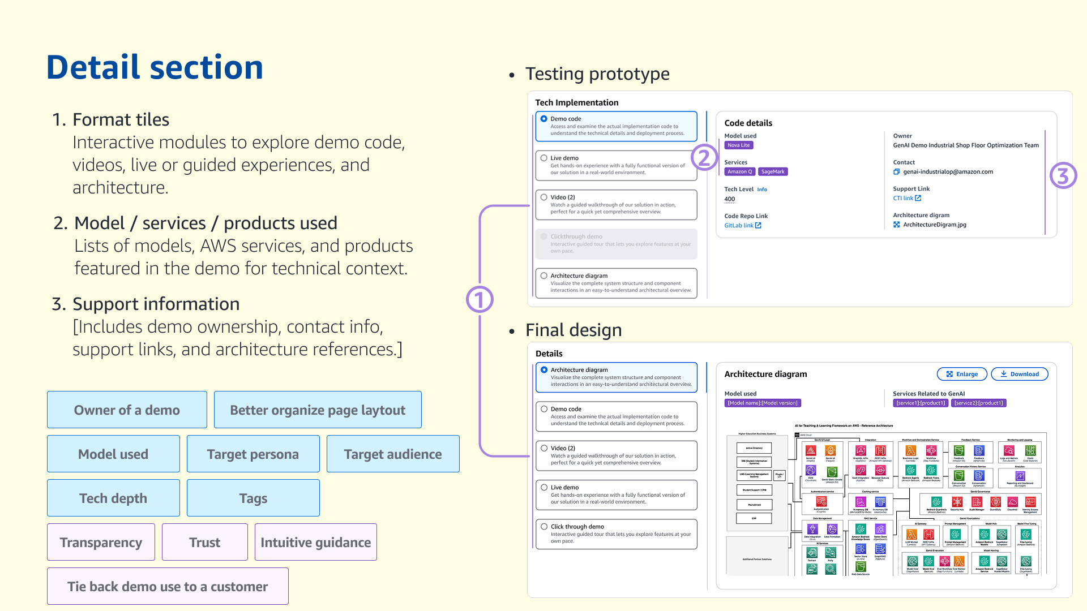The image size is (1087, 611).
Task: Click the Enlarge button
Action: coord(962,374)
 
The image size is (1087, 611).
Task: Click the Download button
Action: coord(1019,374)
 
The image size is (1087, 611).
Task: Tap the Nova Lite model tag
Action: coord(738,145)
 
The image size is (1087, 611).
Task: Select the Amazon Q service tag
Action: coord(739,171)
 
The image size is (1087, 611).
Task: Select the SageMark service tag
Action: coord(773,171)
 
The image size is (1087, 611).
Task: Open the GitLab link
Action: coord(742,225)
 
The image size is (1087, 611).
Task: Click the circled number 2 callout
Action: coord(704,157)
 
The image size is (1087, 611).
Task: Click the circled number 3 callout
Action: coord(1063,176)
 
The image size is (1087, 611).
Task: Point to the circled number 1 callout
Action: coord(480,299)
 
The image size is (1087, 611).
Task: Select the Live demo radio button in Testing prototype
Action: coord(543,158)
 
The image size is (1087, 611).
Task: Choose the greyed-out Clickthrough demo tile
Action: coord(616,244)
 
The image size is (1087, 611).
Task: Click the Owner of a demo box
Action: coord(127,410)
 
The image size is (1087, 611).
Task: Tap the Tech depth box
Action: coord(113,498)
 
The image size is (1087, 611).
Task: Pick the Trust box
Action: coord(204,543)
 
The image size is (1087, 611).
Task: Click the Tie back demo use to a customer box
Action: coord(168,587)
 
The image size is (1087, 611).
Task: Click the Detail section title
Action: coord(155,67)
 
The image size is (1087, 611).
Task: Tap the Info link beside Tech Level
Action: coord(762,190)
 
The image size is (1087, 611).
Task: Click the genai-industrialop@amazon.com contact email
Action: coord(948,171)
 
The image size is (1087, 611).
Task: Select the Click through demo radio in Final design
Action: coord(544,527)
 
